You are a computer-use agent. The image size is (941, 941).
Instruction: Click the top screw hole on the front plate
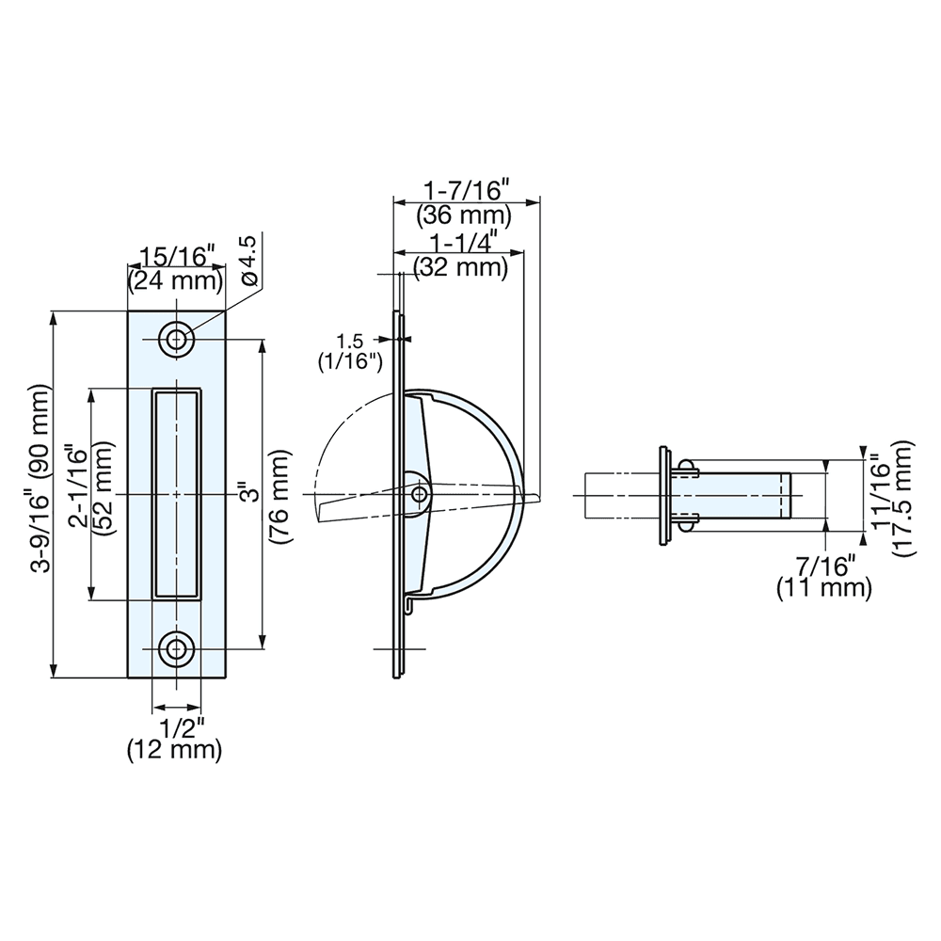coord(176,339)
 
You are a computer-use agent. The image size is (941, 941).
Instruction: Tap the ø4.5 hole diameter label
coord(248,261)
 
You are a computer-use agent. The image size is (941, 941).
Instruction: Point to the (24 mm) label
coord(176,279)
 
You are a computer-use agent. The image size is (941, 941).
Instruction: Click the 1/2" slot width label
coord(176,728)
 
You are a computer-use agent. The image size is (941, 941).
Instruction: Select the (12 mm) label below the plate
coord(175,750)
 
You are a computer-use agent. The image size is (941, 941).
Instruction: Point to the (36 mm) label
coord(464,215)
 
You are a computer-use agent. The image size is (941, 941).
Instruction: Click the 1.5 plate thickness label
coord(349,341)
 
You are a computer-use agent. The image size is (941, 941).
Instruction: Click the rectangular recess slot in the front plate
coord(176,494)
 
